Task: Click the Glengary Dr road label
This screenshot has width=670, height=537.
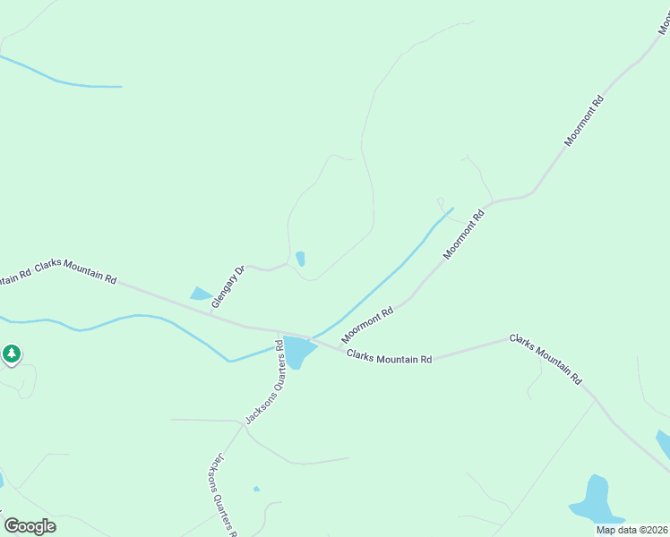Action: point(228,287)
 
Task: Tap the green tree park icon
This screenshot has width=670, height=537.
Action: point(11,354)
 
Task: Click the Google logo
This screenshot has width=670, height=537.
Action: point(30,525)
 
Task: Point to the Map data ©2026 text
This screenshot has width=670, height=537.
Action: point(632,530)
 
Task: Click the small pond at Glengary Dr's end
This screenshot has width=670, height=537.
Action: point(300,259)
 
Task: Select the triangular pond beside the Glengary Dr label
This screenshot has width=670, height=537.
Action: point(201,294)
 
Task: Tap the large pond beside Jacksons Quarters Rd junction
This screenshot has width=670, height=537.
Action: point(296,352)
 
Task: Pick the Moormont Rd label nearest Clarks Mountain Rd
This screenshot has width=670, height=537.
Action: point(367,324)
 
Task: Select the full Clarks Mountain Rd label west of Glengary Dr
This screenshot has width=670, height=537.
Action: point(76,273)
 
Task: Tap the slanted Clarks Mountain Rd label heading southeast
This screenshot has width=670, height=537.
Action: point(545,358)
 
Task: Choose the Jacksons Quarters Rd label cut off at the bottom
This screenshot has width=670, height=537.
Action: point(220,492)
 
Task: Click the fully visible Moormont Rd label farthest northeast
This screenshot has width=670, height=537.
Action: point(585,120)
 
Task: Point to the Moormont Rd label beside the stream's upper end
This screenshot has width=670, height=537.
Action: point(464,234)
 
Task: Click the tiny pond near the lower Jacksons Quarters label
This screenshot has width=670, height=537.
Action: point(257,489)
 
